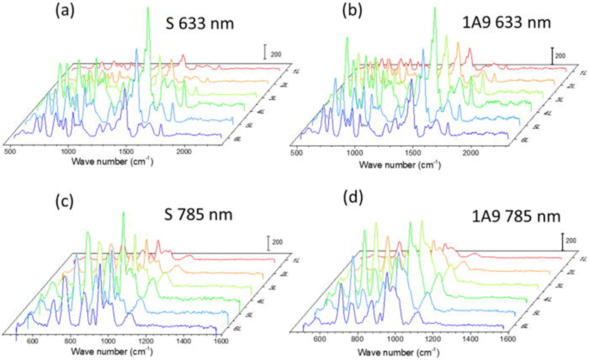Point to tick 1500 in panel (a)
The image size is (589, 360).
point(126,151)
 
